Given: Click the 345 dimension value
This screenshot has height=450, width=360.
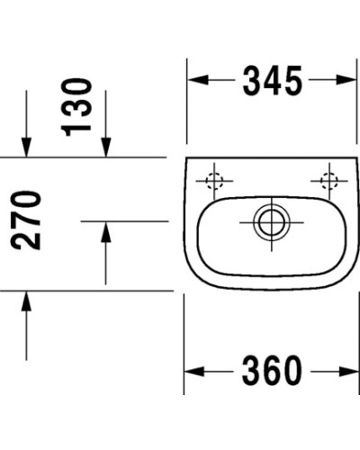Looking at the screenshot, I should coord(271,83).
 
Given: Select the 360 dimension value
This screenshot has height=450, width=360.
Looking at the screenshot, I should coord(271,370).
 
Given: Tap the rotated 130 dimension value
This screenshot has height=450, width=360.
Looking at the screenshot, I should coord(79,106).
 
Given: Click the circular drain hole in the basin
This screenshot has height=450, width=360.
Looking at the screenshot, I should coord(266,220).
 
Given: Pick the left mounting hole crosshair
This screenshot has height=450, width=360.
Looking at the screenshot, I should coord(214,181).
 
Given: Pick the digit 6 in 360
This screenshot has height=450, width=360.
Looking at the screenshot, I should coord(271,370).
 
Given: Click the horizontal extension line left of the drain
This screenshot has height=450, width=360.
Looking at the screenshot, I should coord(126,220).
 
